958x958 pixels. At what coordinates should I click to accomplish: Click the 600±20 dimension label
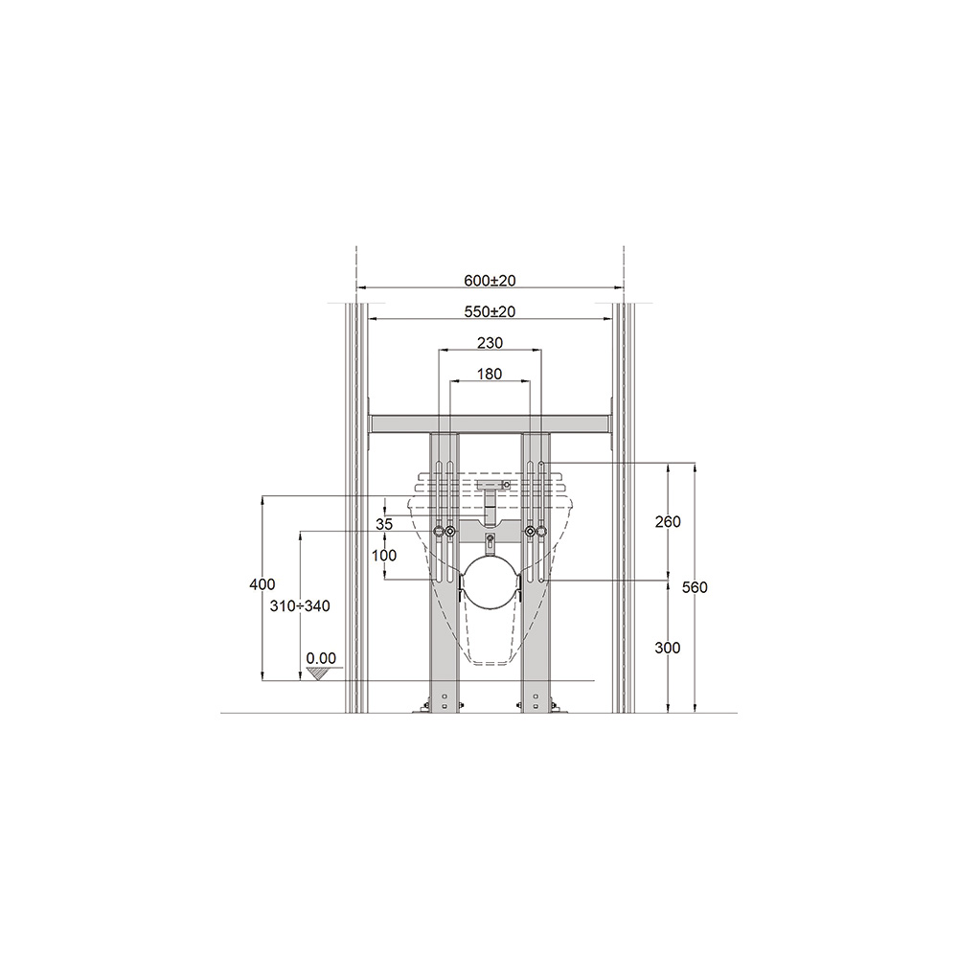[490, 281]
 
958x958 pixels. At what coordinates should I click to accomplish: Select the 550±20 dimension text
[490, 311]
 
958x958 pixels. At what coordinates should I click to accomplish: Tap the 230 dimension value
[490, 343]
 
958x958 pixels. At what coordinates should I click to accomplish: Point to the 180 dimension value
[490, 374]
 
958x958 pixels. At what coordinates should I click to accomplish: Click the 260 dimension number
[668, 522]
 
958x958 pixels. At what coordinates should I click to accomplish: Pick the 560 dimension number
[695, 587]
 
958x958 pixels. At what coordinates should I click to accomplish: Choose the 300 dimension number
[668, 648]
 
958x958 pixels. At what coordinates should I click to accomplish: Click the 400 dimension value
[262, 584]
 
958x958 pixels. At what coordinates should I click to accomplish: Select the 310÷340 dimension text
[300, 606]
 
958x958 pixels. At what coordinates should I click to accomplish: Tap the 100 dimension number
[384, 556]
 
